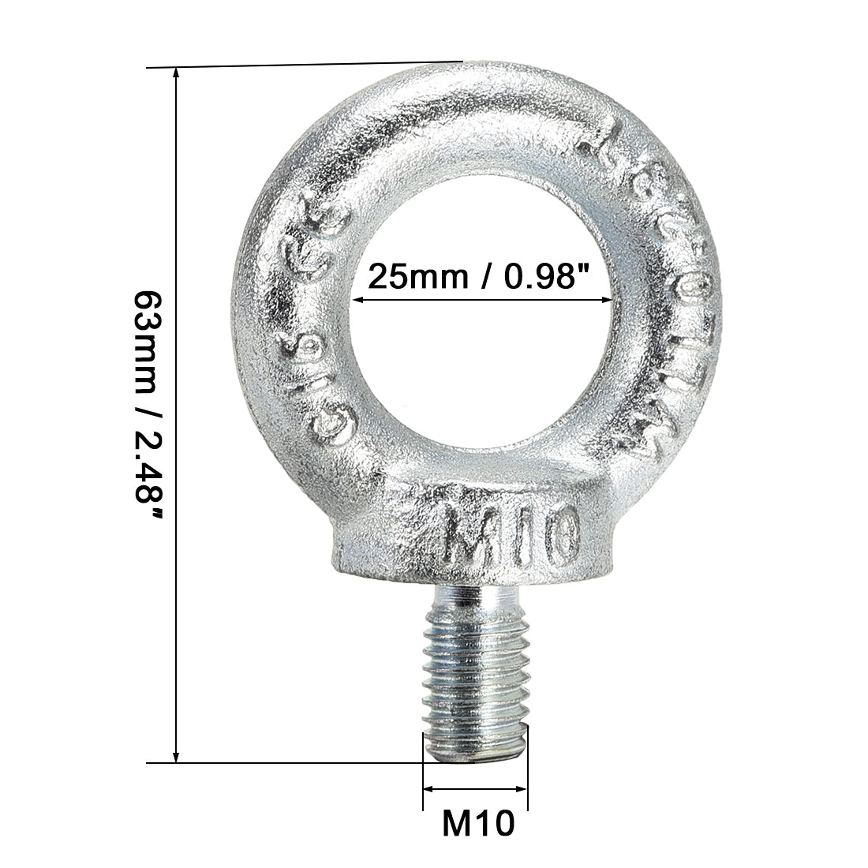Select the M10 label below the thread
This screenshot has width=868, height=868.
[477, 824]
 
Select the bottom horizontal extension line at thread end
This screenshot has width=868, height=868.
[284, 762]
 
